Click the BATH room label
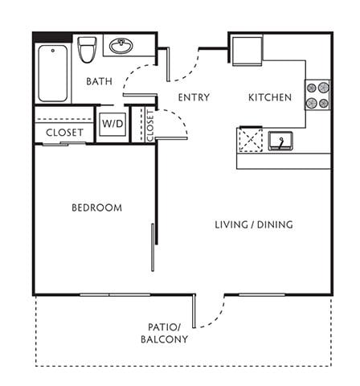(x=100, y=80)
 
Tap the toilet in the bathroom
(x=88, y=51)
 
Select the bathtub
(x=54, y=72)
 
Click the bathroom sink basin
(x=121, y=46)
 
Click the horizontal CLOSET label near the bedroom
(x=64, y=133)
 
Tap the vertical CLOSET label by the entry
(x=149, y=125)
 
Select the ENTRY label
(x=194, y=98)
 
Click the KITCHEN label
(x=269, y=98)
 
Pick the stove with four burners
(x=318, y=95)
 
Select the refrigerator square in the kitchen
(x=247, y=51)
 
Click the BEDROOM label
(x=97, y=207)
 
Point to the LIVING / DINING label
(x=254, y=224)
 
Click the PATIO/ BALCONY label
(x=168, y=333)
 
